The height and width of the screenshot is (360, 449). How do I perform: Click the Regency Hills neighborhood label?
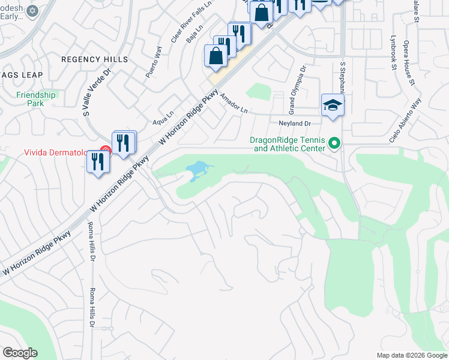(x=94, y=59)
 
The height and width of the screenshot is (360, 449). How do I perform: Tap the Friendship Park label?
(x=36, y=99)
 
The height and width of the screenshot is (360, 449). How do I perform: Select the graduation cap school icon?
(x=333, y=106)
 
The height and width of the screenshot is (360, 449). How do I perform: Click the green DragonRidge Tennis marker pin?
(x=335, y=144)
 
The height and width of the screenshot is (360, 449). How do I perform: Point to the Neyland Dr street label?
(x=293, y=123)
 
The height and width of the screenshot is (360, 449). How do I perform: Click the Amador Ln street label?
(x=234, y=103)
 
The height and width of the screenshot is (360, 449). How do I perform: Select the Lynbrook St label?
(x=393, y=57)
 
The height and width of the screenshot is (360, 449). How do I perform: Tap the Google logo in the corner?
(x=20, y=353)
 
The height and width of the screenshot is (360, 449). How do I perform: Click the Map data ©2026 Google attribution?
(x=412, y=355)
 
